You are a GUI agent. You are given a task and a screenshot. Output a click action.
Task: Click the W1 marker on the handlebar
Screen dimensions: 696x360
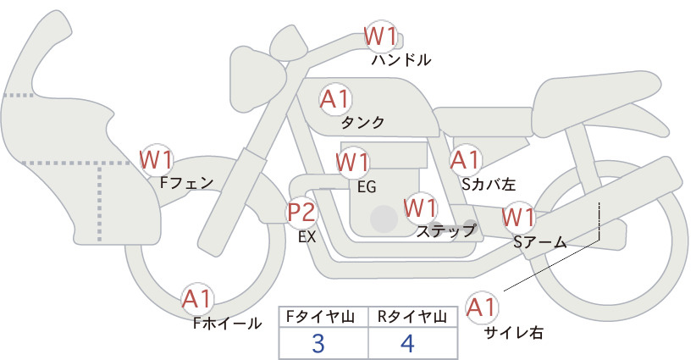coord(380,36)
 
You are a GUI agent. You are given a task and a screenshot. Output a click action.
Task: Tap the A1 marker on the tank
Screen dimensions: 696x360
coord(335,99)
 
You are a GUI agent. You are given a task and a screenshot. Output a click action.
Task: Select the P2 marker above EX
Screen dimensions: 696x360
coord(301,212)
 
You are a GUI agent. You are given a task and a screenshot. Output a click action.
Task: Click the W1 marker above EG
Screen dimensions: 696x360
coord(352,162)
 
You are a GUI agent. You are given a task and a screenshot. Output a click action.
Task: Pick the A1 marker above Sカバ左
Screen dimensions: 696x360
coord(466,160)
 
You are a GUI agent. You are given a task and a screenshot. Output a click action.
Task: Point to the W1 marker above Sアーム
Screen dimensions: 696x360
coord(518,218)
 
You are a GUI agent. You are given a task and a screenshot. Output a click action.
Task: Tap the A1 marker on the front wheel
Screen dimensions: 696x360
coord(196,299)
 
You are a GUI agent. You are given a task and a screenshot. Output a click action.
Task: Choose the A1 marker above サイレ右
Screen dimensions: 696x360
coord(482,307)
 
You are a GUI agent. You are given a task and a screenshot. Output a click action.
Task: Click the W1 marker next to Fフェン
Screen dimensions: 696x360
coord(156,160)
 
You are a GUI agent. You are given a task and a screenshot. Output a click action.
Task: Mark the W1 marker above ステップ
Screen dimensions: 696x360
coord(420,208)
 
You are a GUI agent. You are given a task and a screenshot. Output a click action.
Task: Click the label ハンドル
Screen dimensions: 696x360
coord(401,60)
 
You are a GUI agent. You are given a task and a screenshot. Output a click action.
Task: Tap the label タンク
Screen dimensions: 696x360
coord(362,123)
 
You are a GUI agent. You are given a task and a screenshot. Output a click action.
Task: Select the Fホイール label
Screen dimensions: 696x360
coord(227,324)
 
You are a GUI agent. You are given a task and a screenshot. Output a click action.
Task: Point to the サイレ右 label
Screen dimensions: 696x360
coord(514,333)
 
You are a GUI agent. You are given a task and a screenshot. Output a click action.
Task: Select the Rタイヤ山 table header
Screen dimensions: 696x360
coord(412,317)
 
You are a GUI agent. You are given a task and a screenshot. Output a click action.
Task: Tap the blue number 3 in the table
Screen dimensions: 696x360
coord(318,343)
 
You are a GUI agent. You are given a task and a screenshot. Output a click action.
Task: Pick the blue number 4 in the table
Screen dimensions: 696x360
coord(407,343)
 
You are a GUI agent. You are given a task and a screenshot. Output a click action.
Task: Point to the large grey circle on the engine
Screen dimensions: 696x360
coord(384,219)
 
